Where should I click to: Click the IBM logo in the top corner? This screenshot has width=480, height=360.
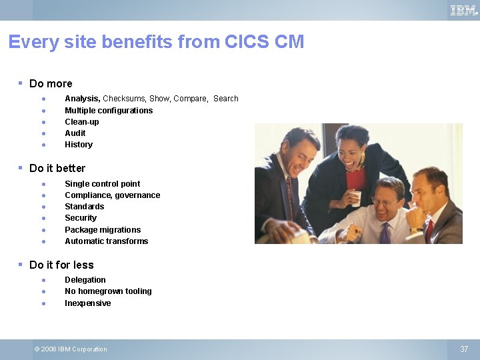point(463,10)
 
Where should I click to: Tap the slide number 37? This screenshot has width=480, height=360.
point(464,349)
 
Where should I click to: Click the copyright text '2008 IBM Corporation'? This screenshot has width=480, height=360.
point(74,349)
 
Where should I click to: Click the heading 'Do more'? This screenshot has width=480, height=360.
point(51,84)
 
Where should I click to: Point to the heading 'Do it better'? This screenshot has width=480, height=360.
point(57,168)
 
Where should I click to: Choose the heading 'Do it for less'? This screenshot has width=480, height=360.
point(61,265)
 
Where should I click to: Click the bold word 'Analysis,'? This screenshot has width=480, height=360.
point(82,99)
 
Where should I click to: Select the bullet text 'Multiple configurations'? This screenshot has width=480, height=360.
point(109,111)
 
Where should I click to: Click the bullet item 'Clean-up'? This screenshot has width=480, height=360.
point(82,122)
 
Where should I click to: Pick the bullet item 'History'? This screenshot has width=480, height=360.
point(79,145)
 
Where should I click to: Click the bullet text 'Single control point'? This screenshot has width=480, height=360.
point(102,184)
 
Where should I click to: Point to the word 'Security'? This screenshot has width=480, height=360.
point(81,218)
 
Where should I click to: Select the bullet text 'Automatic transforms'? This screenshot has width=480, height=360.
point(106,241)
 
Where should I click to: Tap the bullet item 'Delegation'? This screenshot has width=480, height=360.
point(85,280)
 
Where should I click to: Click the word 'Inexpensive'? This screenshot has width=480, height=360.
point(88,303)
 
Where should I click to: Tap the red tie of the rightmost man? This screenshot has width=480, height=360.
point(429,230)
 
